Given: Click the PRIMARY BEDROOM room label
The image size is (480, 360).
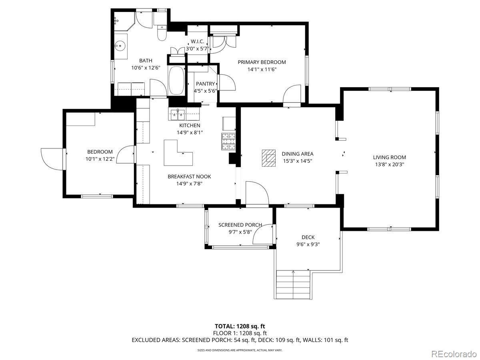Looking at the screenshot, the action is pyautogui.click(x=262, y=62).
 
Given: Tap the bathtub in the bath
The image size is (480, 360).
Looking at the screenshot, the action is pyautogui.click(x=176, y=80).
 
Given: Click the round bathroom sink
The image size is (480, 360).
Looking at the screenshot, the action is pyautogui.click(x=120, y=46).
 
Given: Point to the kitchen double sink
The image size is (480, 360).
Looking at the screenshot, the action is pyautogui.click(x=178, y=114).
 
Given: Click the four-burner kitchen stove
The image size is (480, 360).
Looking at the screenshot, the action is pyautogui.click(x=229, y=141).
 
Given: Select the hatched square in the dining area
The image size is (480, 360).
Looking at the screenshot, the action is pyautogui.click(x=269, y=158).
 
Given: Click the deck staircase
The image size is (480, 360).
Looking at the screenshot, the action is pyautogui.click(x=293, y=284).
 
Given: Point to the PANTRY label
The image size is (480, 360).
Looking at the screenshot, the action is pyautogui.click(x=205, y=84).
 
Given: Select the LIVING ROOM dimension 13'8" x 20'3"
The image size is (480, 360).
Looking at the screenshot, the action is pyautogui.click(x=390, y=164).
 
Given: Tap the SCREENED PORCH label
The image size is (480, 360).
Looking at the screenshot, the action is pyautogui.click(x=240, y=225).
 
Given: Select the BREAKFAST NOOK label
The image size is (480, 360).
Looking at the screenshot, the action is pyautogui.click(x=189, y=177).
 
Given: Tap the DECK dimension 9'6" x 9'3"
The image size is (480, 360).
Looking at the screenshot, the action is pyautogui.click(x=308, y=244).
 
